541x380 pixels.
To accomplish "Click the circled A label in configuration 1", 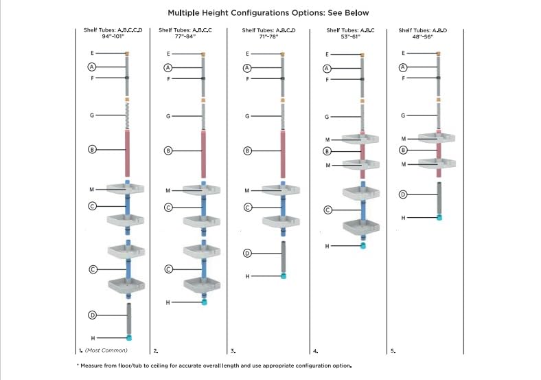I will pos(91,67).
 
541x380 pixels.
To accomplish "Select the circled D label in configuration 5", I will pos(404,195).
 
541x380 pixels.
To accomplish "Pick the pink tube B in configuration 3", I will pos(282,150).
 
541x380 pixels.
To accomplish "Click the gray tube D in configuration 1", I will pos(128,318).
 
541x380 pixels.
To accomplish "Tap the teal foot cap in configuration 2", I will pos(204,302).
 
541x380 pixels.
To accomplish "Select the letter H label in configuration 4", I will pos(327,245).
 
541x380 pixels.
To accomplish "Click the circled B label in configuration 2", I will pos(169,150).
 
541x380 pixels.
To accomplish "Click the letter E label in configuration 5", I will pos(403,53).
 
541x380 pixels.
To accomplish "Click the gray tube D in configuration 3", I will pos(282,256).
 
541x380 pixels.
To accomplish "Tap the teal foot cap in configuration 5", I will pos(439,217).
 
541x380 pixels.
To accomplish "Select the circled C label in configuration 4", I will pos(327,210).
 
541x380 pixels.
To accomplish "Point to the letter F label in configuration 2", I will pos(169,79).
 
